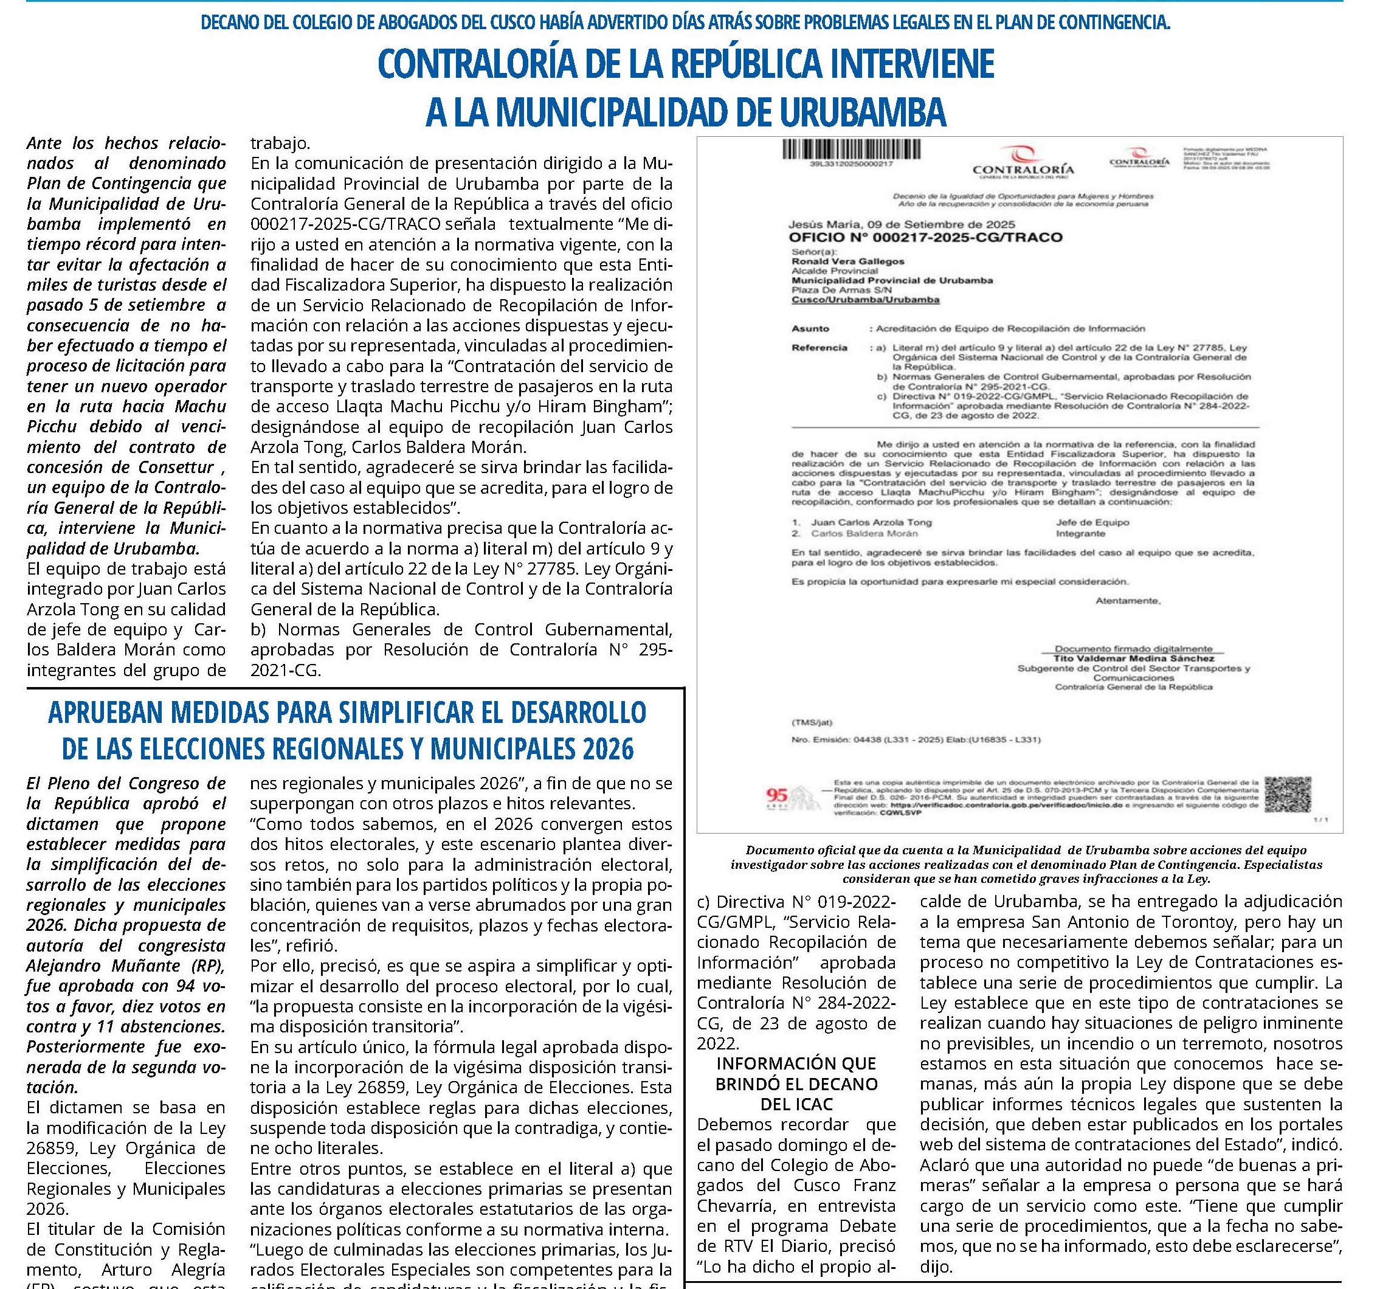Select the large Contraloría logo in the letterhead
(1023, 162)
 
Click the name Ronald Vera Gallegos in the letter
(848, 261)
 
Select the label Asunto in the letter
(810, 328)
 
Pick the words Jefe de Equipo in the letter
(1092, 522)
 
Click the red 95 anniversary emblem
(777, 795)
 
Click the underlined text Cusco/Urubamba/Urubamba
(866, 300)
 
